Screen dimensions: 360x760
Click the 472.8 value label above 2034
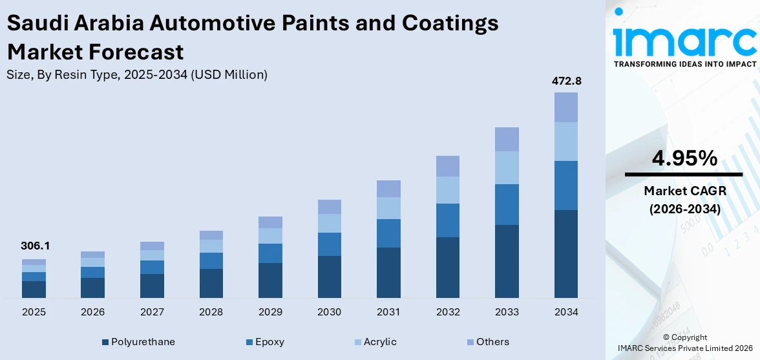(x=565, y=81)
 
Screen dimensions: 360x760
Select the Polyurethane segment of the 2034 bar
(x=565, y=253)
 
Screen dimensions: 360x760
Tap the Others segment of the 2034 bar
(x=565, y=107)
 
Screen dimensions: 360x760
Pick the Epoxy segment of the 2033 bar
(x=507, y=204)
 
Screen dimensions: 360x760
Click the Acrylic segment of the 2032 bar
(x=447, y=190)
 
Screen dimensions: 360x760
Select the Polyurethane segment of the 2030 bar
(x=329, y=277)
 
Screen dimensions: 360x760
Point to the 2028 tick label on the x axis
(x=211, y=312)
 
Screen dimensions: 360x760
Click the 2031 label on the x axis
(x=388, y=312)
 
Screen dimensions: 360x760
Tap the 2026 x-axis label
(x=92, y=312)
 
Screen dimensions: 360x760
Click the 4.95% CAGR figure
(x=683, y=158)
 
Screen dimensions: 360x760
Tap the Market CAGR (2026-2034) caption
(x=683, y=200)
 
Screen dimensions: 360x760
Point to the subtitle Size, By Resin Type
(x=136, y=75)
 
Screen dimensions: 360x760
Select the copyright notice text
(x=684, y=343)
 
